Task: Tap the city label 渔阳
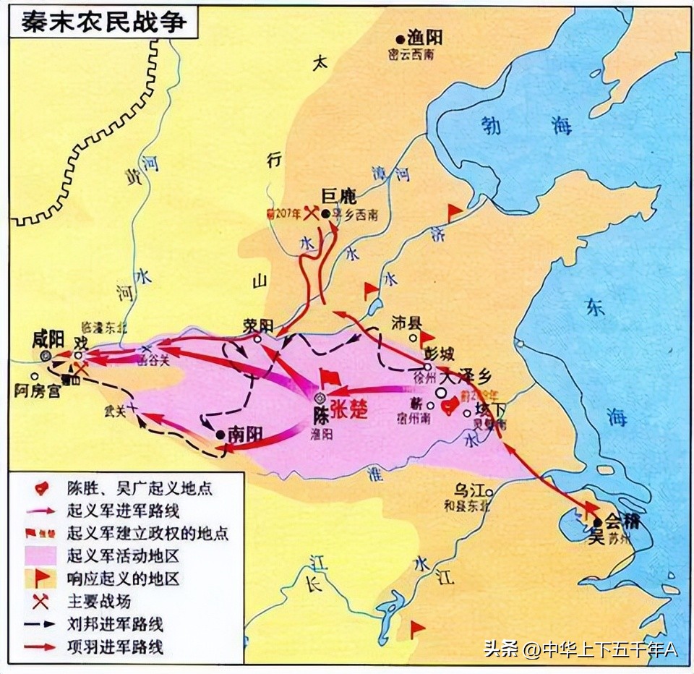(x=424, y=38)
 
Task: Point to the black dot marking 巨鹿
(x=326, y=214)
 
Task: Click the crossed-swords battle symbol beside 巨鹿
(x=312, y=213)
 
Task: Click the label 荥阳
(x=259, y=325)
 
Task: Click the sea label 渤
(x=492, y=125)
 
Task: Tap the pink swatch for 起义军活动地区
(x=40, y=555)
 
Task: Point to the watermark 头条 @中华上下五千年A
(x=581, y=649)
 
